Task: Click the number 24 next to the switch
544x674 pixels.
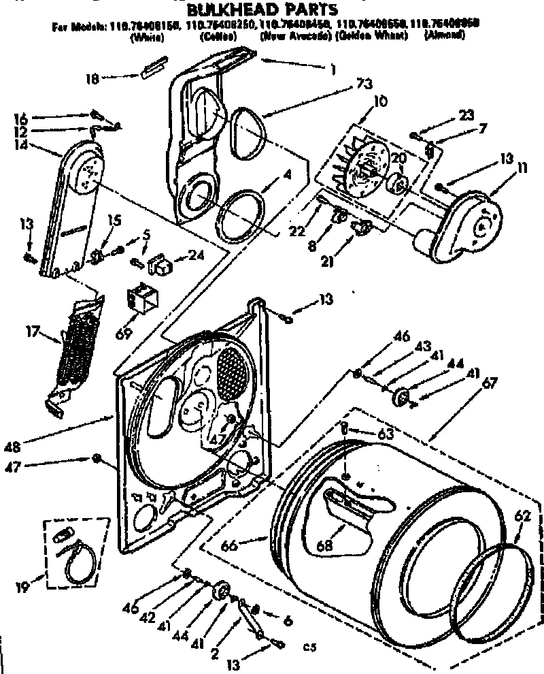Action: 196,256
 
